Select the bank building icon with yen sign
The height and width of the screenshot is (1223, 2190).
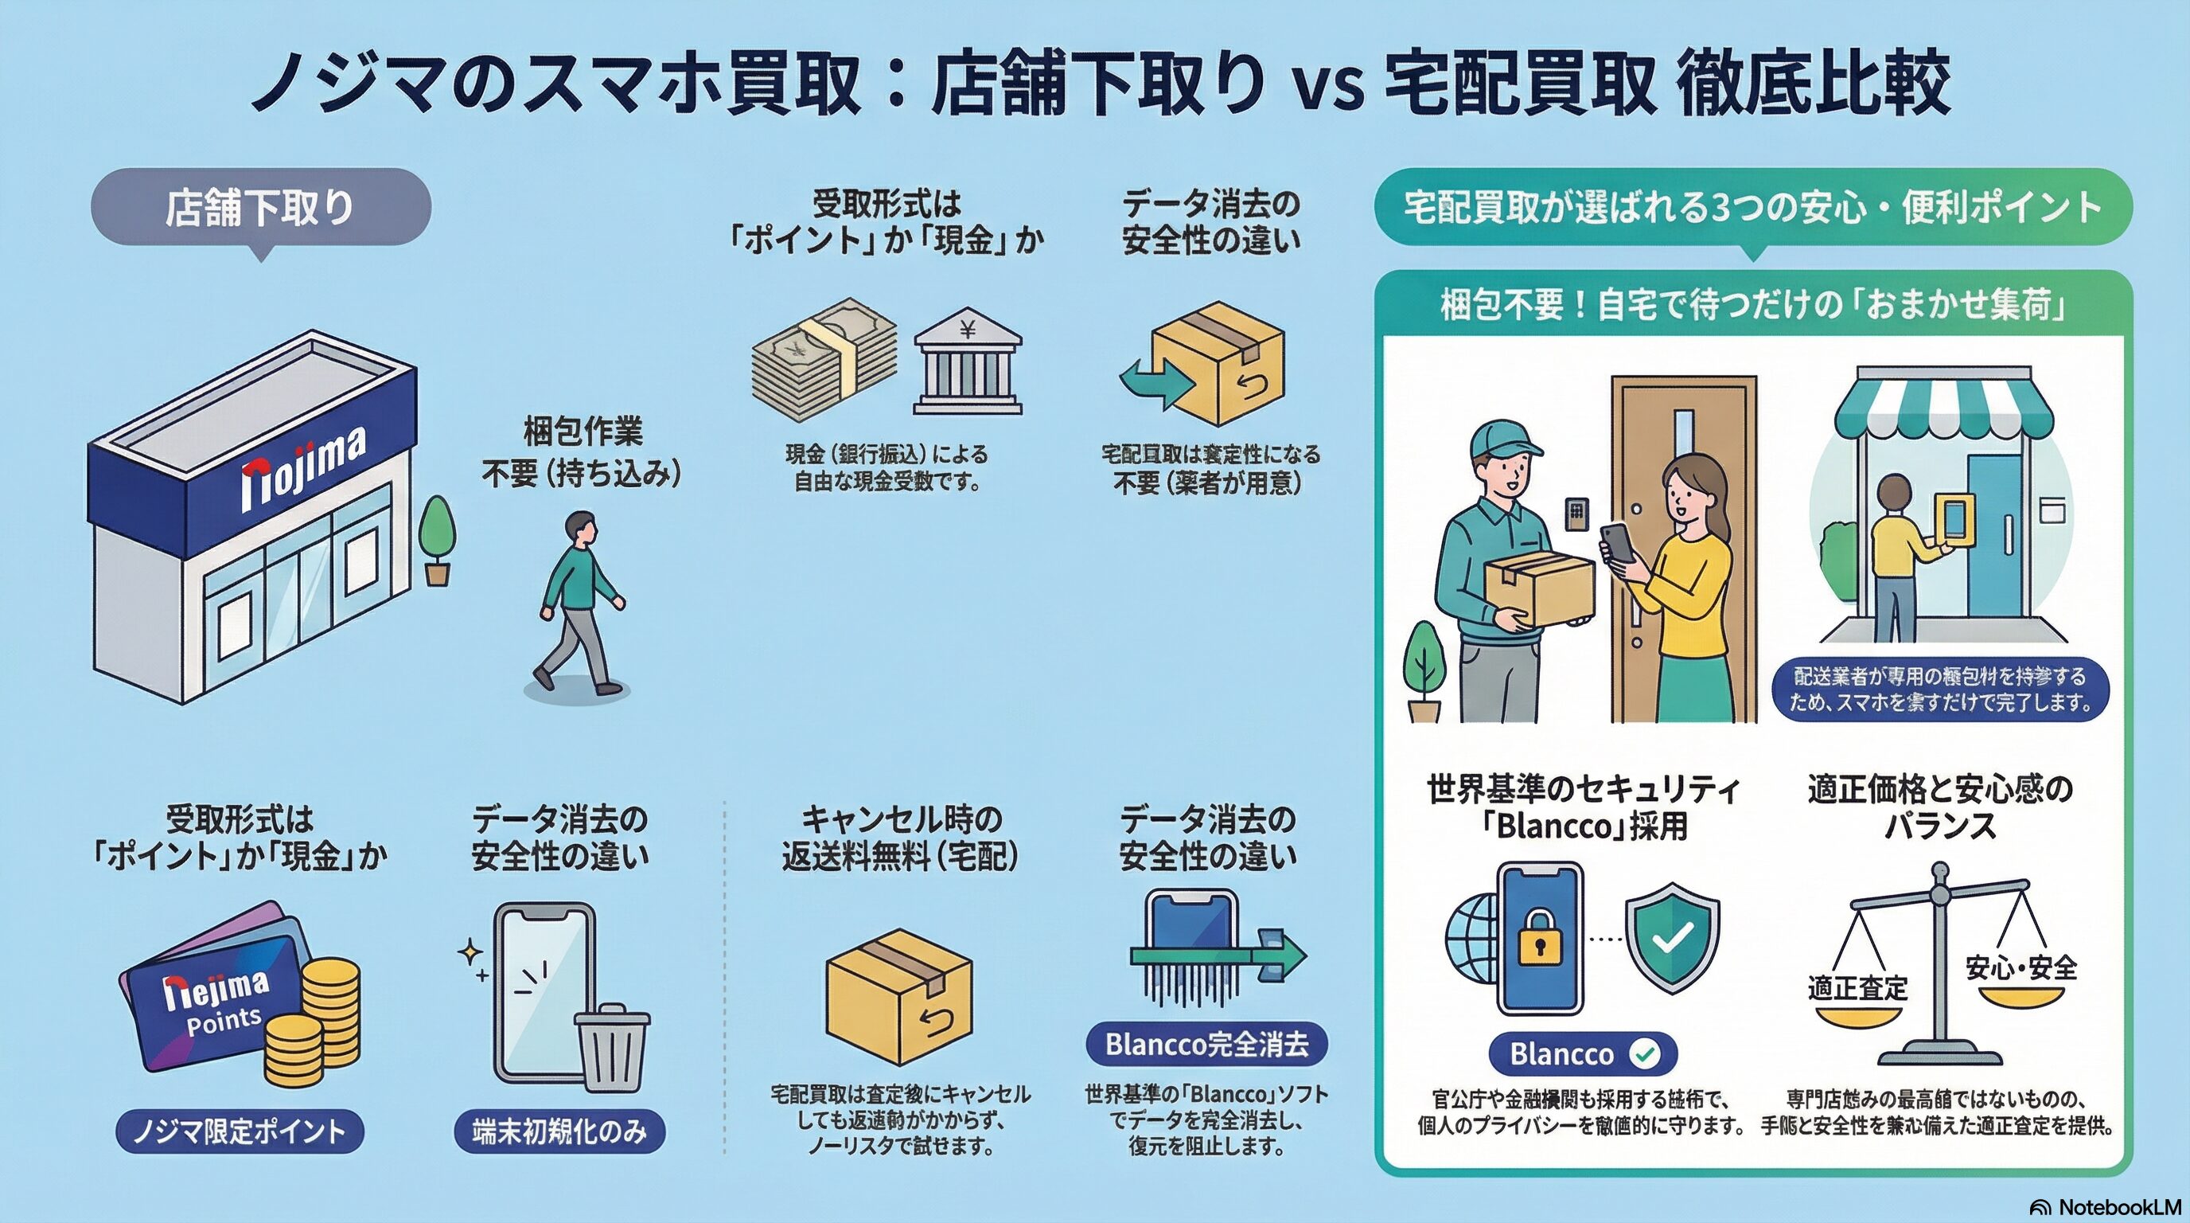968,361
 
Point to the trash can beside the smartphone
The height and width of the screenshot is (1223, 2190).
612,1048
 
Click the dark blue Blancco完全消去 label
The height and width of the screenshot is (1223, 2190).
1206,1044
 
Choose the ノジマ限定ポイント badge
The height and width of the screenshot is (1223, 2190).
239,1131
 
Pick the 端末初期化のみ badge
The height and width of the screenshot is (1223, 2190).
559,1131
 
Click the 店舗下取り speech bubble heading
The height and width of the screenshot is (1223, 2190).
260,208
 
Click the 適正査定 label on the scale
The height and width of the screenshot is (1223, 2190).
1857,988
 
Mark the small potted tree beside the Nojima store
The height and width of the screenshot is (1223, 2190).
437,540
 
